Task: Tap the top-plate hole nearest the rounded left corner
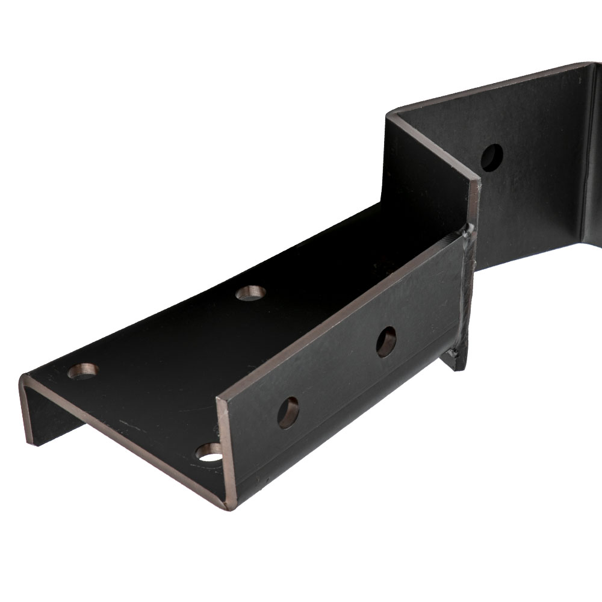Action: (x=82, y=371)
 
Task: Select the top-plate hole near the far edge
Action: (x=251, y=293)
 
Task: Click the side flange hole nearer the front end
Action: (x=288, y=412)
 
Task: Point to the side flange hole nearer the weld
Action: (x=386, y=341)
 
